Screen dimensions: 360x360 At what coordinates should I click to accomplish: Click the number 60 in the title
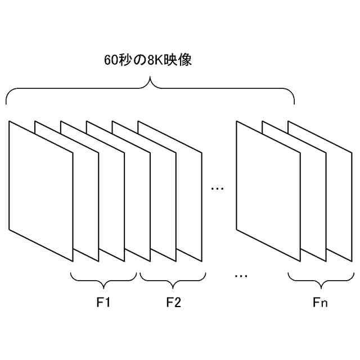pyautogui.click(x=111, y=60)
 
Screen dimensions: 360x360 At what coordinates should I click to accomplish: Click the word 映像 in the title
pyautogui.click(x=178, y=60)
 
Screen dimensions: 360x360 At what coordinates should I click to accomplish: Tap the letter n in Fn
pyautogui.click(x=324, y=304)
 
